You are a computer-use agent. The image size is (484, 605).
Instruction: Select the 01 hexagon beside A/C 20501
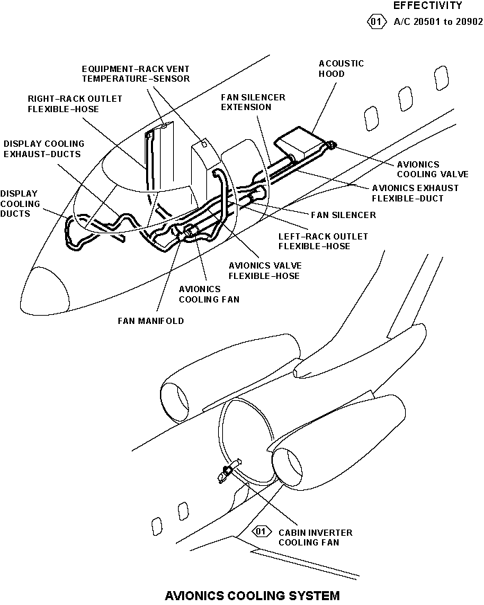tap(376, 21)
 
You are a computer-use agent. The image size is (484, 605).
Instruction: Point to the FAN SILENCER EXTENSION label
tap(253, 102)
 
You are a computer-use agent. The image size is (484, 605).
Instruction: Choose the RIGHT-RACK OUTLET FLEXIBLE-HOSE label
tap(75, 104)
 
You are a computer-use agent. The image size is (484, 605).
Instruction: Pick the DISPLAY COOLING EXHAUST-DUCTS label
tap(44, 149)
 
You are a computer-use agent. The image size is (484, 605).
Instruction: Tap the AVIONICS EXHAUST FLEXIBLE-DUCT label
tap(415, 193)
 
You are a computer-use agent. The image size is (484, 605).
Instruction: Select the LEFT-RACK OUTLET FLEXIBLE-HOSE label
tap(323, 241)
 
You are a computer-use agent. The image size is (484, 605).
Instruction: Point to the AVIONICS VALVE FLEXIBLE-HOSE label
tap(264, 271)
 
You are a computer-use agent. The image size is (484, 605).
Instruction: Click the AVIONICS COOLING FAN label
tap(209, 294)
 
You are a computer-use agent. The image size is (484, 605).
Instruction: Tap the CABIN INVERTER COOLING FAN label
tap(315, 538)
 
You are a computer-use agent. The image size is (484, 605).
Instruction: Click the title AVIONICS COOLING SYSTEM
tap(252, 595)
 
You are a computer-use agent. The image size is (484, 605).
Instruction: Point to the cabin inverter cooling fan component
tap(225, 474)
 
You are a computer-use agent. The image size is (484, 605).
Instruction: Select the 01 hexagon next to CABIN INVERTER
tap(261, 532)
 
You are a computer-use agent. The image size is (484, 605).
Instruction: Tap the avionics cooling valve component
tap(331, 145)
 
